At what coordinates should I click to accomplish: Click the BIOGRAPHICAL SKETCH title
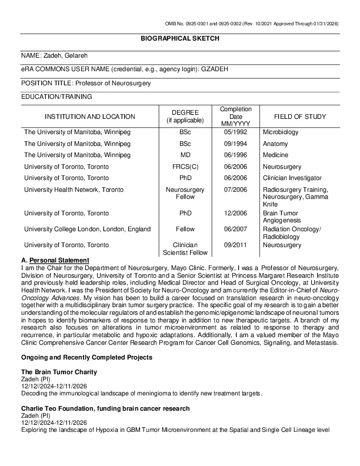179,38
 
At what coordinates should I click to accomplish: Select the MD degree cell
185,155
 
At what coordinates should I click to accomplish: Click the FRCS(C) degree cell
185,167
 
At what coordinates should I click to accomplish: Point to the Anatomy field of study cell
275,144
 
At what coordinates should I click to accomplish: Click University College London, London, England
87,229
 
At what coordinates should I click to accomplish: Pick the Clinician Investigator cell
292,178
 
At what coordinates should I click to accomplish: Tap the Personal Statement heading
59,260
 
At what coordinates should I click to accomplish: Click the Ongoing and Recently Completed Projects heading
87,357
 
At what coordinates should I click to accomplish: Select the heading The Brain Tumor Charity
59,372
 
